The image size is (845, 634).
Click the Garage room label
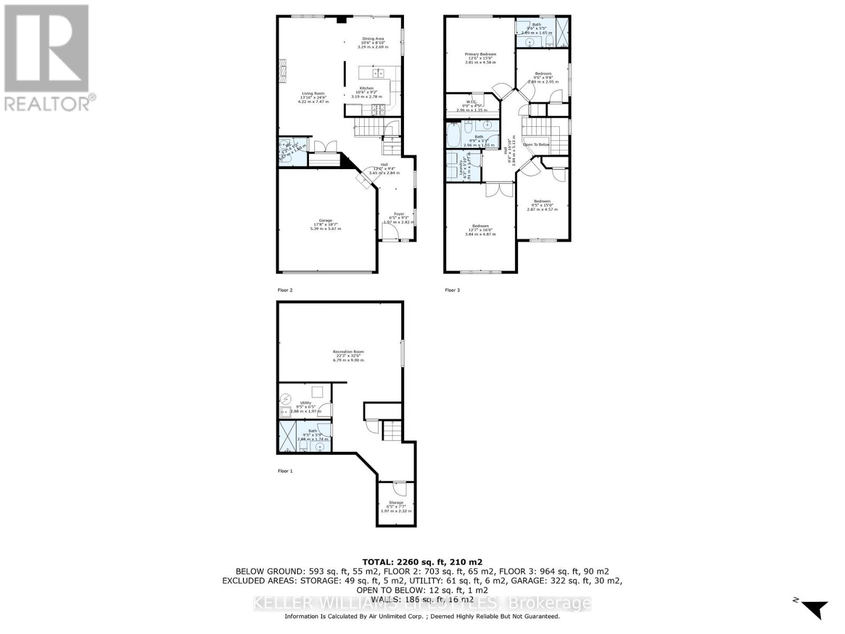325,220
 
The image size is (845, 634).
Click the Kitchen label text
367,88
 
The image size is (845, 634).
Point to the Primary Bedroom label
480,54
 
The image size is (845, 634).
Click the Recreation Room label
348,352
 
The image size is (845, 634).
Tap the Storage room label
396,502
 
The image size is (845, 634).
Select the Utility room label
306,403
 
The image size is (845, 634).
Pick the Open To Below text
536,145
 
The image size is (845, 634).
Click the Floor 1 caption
285,471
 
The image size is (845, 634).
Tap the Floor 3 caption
452,290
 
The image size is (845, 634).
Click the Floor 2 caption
285,290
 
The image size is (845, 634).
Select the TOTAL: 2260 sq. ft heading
422,562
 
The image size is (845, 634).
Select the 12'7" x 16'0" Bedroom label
480,226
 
